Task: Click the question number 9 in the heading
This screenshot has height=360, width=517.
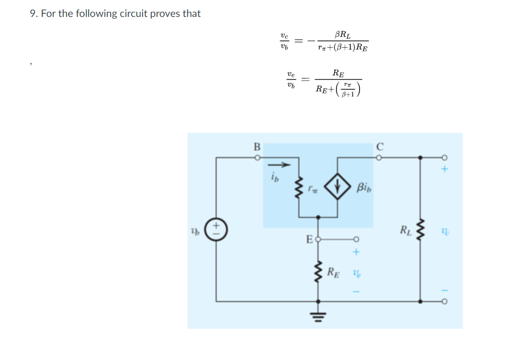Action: pyautogui.click(x=33, y=14)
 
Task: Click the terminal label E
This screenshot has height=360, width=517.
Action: pyautogui.click(x=309, y=238)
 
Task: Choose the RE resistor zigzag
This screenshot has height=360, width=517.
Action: pyautogui.click(x=319, y=272)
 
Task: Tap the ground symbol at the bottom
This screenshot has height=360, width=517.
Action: pyautogui.click(x=319, y=314)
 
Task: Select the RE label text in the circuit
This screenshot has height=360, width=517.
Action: pyautogui.click(x=334, y=272)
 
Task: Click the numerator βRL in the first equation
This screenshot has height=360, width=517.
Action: pyautogui.click(x=343, y=34)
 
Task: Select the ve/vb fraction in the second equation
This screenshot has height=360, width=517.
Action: pyautogui.click(x=291, y=79)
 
